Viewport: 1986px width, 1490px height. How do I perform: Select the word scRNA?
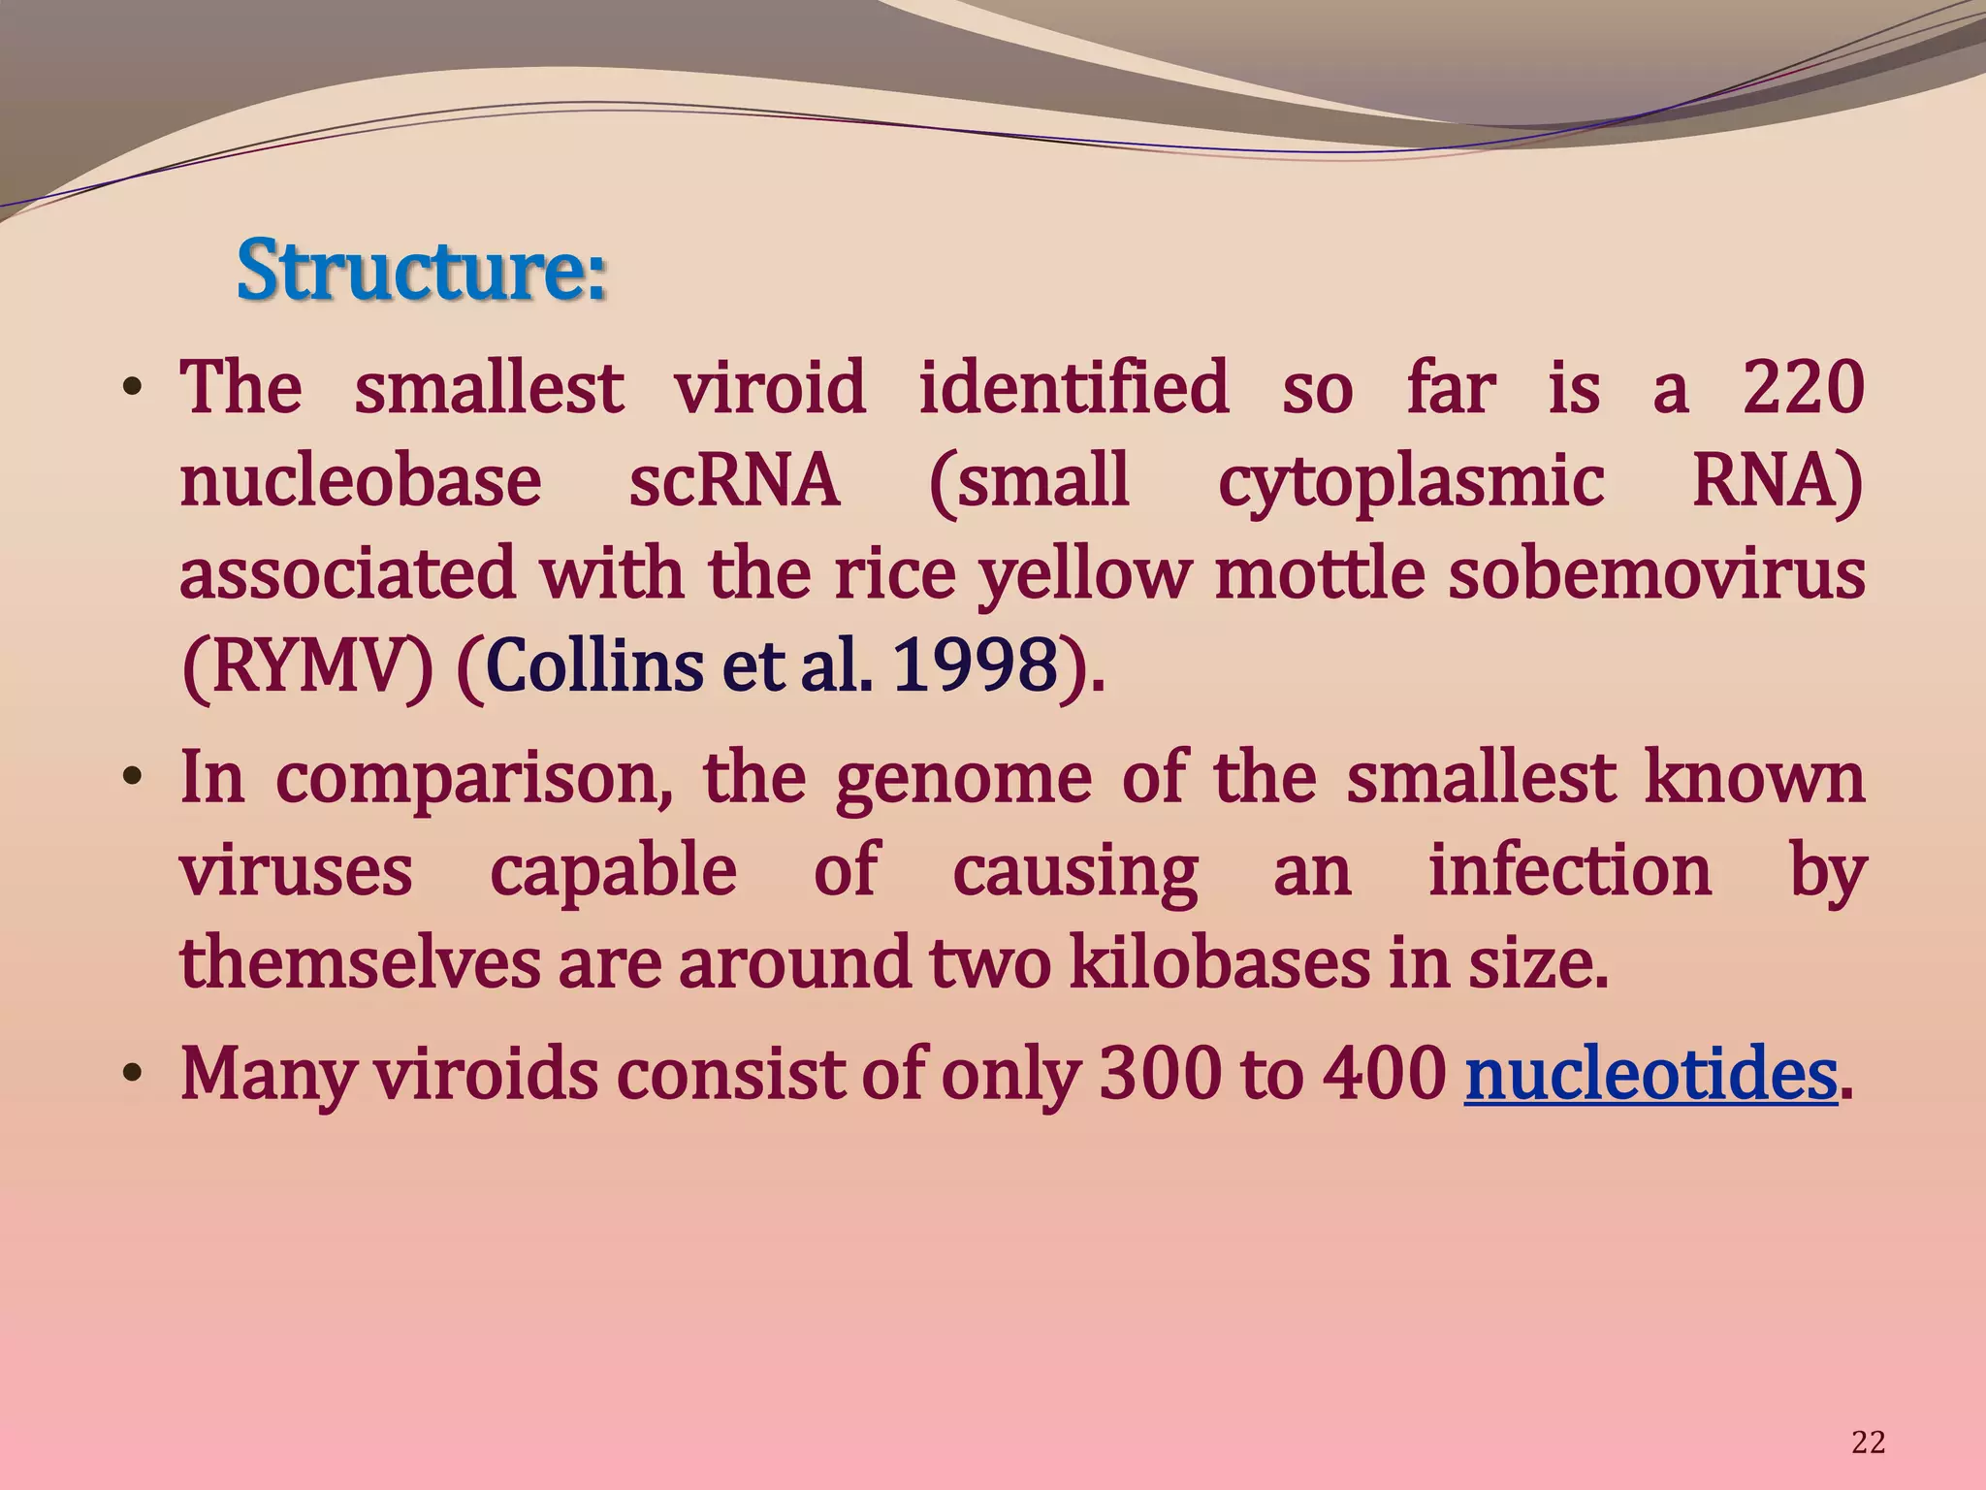(734, 480)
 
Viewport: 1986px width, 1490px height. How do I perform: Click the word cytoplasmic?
(1411, 482)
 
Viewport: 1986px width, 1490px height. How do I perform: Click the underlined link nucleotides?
(1650, 1075)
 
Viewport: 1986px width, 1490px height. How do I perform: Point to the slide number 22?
(1868, 1442)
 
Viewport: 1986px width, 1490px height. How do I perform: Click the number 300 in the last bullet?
(1161, 1075)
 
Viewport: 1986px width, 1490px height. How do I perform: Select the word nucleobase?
(361, 480)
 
